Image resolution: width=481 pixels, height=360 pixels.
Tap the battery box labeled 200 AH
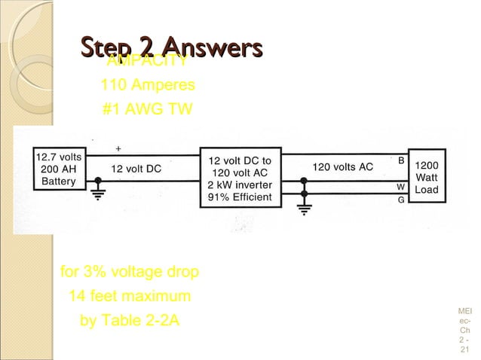58,169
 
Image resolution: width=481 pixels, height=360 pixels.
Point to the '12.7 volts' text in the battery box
59,157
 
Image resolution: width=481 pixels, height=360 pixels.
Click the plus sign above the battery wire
118,148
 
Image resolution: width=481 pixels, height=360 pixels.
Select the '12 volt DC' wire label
136,169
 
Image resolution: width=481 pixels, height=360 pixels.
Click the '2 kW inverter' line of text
240,186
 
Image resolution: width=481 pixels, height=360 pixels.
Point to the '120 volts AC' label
343,167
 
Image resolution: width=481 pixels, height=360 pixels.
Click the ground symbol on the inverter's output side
303,207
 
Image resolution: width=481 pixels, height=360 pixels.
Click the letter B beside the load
401,160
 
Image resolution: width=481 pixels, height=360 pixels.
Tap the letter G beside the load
401,200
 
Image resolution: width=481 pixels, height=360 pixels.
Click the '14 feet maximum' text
130,295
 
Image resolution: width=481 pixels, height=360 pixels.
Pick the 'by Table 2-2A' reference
130,320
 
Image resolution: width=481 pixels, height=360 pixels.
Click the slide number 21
464,349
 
